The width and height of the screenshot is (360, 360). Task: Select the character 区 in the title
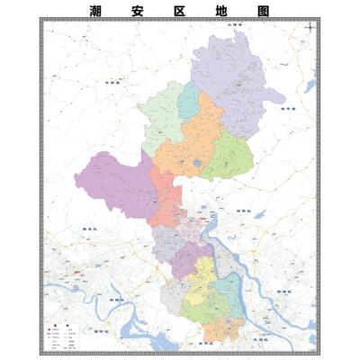179,12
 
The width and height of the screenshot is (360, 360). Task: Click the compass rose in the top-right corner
310,29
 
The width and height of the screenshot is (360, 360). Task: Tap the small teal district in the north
188,102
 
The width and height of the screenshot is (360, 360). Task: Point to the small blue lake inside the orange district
197,164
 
